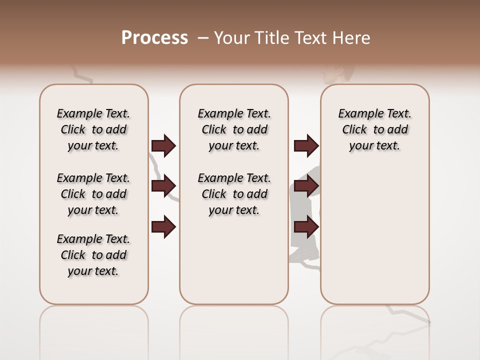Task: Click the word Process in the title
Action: coord(154,38)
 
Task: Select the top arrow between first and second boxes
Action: coord(163,146)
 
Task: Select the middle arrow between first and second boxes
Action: coord(163,186)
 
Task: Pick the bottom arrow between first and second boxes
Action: coord(163,226)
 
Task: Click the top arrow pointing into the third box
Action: coord(306,146)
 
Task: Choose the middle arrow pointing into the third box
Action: coord(306,186)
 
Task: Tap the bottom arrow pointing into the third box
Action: coord(306,226)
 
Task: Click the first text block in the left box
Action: coord(93,129)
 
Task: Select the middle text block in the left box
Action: coord(93,194)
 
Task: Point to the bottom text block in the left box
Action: coord(93,255)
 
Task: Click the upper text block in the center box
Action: coord(234,129)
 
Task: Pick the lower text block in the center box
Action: coord(234,194)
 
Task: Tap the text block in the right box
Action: coord(374,129)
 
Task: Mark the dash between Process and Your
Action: coord(202,38)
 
